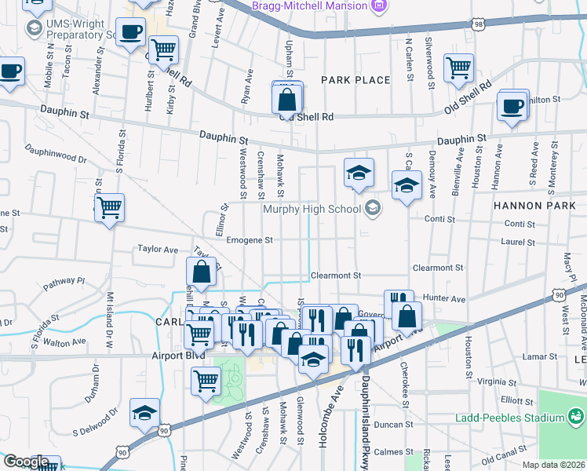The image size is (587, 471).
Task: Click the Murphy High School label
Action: [x=312, y=209]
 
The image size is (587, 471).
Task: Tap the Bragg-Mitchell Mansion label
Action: [x=309, y=5]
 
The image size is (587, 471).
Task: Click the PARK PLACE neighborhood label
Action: [x=355, y=80]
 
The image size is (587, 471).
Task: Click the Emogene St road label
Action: [x=249, y=240]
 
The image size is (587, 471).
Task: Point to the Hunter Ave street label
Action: [x=444, y=299]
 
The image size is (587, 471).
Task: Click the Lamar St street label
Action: [x=538, y=356]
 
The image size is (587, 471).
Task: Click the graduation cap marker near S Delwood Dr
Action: [x=144, y=413]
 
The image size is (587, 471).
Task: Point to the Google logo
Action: [x=26, y=462]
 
